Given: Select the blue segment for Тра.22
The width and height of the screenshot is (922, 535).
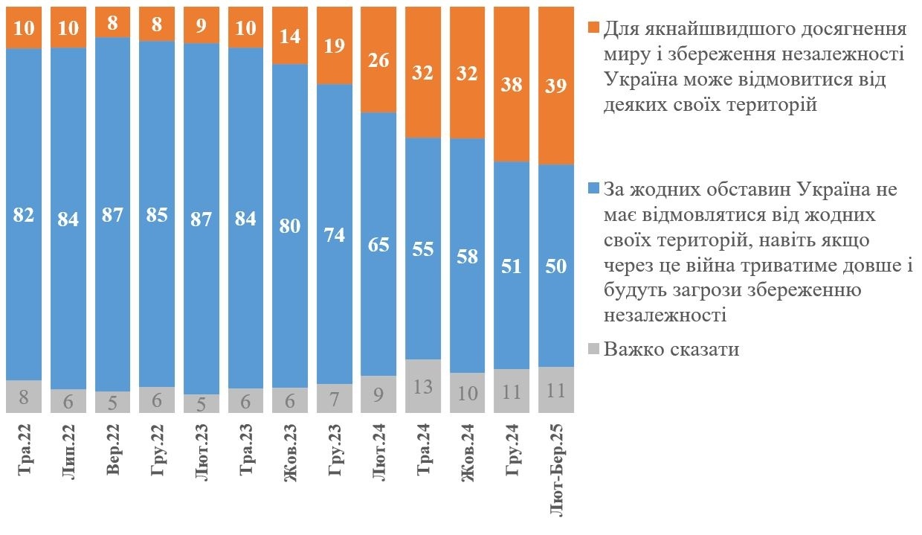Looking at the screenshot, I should pyautogui.click(x=24, y=298).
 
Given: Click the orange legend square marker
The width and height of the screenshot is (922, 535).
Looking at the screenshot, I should pyautogui.click(x=593, y=29).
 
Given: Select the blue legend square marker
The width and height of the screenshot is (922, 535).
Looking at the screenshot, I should pyautogui.click(x=593, y=189).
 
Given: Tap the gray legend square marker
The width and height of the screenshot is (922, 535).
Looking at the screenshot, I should pyautogui.click(x=593, y=349).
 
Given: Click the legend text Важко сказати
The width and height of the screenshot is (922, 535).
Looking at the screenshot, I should pyautogui.click(x=671, y=349).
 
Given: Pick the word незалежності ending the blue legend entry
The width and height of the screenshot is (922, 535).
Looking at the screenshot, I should pyautogui.click(x=665, y=315).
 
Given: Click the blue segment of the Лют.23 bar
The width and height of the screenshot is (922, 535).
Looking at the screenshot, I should pyautogui.click(x=202, y=298).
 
